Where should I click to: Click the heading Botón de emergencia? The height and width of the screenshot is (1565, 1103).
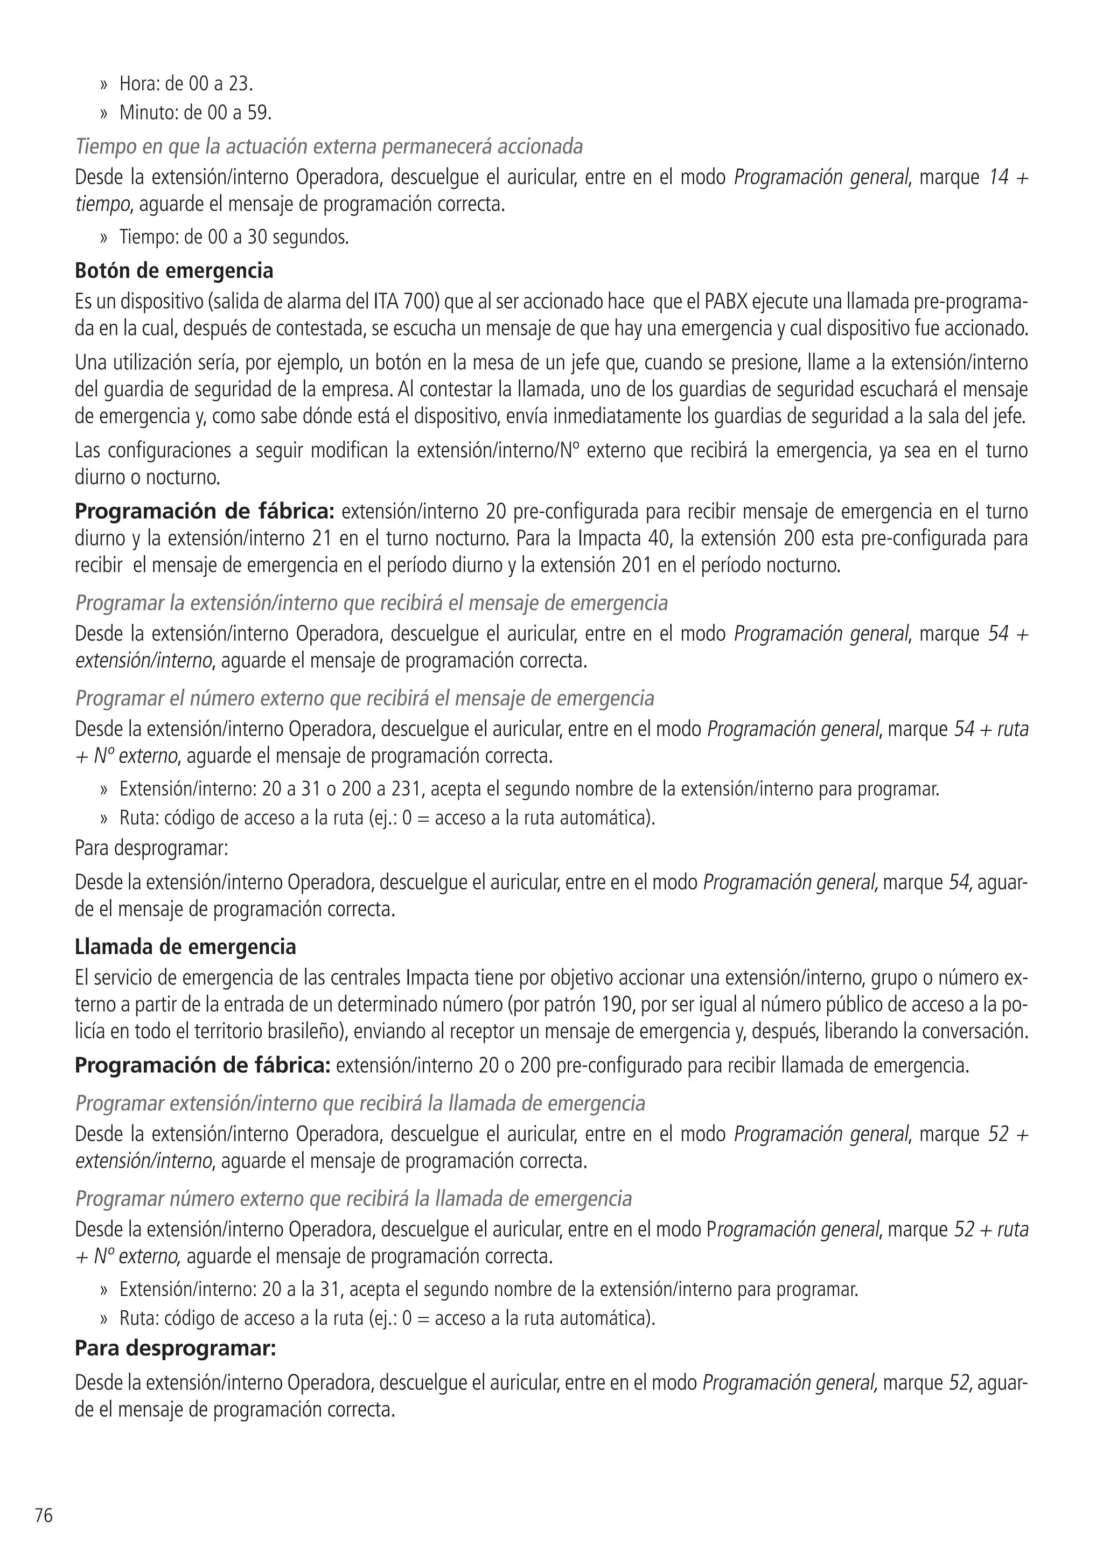point(174,270)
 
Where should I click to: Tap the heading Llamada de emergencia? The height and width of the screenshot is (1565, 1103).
point(185,947)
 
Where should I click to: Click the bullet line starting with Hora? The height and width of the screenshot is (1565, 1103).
point(185,84)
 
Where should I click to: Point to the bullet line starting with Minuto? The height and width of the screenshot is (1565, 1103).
point(195,113)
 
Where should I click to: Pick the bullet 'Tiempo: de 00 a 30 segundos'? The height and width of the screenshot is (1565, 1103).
point(234,237)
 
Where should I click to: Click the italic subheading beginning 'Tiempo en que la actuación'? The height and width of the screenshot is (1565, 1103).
point(329,146)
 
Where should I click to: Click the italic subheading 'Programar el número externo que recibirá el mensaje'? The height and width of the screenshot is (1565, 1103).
point(364,698)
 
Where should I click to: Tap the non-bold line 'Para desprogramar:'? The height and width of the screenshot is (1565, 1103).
point(151,849)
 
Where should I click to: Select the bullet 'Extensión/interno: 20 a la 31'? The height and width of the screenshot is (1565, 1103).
point(488,1289)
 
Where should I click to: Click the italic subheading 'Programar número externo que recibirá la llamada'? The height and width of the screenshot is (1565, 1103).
point(353,1198)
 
